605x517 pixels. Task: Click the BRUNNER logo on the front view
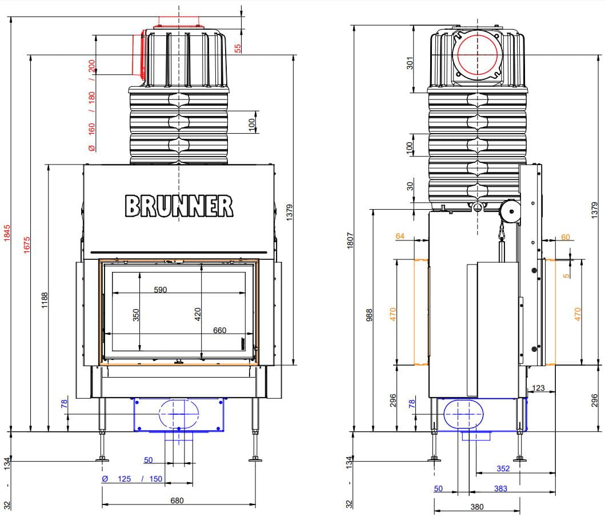179,206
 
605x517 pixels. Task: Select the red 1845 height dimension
7,233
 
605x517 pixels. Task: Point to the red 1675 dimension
26,245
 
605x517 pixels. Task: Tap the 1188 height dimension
45,300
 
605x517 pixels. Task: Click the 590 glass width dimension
160,290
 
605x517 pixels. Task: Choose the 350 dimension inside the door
136,315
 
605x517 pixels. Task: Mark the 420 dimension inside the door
198,314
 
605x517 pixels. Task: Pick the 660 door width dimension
219,330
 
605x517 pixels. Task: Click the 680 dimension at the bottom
177,500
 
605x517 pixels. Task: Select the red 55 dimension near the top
238,48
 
